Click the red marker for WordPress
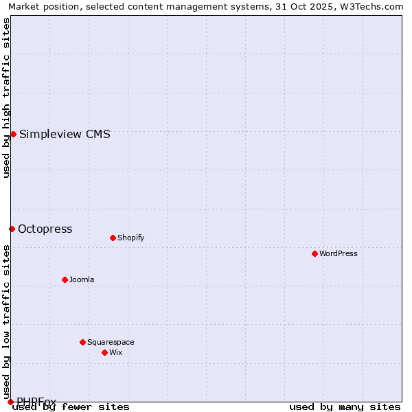[314, 253]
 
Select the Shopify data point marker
[113, 238]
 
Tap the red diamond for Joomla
[65, 279]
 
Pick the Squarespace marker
[82, 342]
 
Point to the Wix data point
[104, 352]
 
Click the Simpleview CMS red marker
[13, 134]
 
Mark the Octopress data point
[12, 229]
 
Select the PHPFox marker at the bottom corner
[10, 402]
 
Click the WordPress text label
[339, 253]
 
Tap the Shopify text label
[130, 238]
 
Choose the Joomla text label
[82, 279]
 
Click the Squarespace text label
[111, 342]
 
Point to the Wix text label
[115, 352]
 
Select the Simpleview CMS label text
[65, 134]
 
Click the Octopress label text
[45, 229]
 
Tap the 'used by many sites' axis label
[345, 407]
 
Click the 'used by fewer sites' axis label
[71, 407]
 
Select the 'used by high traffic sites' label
[6, 98]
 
